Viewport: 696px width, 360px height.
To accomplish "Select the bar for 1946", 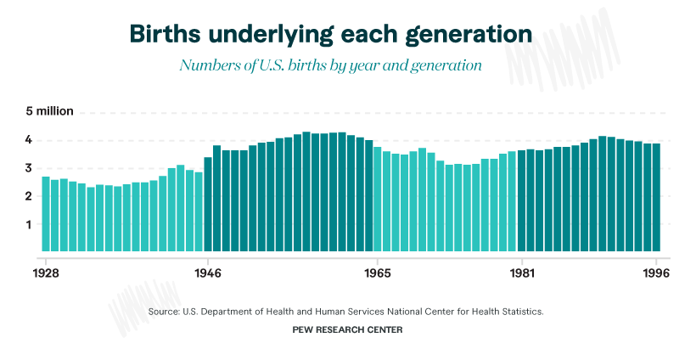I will (208, 204).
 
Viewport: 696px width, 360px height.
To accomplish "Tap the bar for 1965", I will (378, 200).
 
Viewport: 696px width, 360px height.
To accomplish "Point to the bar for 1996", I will (656, 198).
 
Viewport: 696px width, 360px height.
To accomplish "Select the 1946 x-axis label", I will (208, 273).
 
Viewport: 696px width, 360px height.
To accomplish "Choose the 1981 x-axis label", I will (521, 273).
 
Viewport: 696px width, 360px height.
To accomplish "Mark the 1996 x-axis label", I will (656, 273).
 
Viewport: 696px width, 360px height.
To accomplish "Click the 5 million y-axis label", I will (49, 111).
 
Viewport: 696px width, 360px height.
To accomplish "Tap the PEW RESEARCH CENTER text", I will (348, 329).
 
